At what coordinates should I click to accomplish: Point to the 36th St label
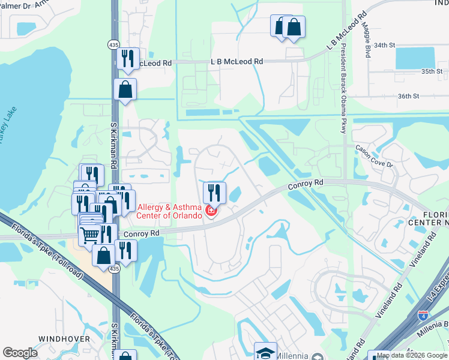tap(407, 96)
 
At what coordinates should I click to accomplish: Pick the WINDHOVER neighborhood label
tap(64, 339)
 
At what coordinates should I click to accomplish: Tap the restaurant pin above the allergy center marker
tap(214, 192)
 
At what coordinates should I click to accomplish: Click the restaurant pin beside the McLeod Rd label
tap(127, 58)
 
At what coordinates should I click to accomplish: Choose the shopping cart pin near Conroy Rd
tap(89, 235)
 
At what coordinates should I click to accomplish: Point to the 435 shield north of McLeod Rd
tap(113, 44)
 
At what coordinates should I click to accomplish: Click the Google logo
tap(20, 353)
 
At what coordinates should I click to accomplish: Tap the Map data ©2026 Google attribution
tap(412, 355)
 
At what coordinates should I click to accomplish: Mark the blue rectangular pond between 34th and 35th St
tap(415, 58)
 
